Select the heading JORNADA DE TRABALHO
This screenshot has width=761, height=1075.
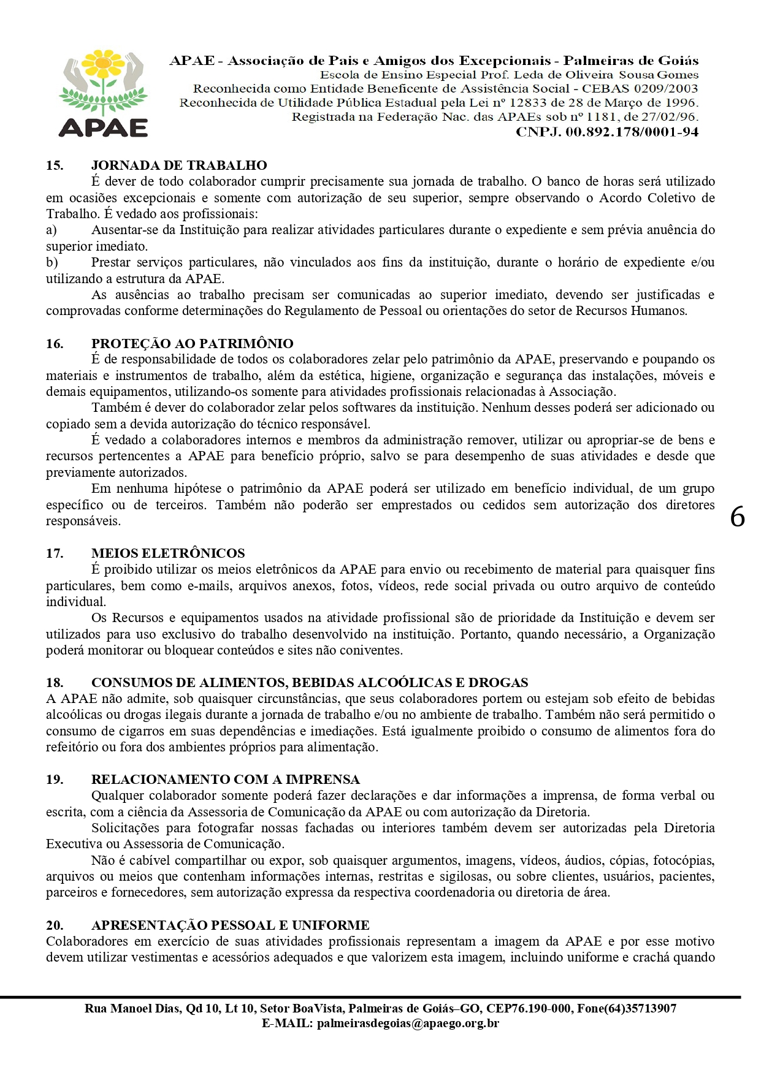click(x=179, y=165)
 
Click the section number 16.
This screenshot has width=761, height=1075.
click(x=55, y=344)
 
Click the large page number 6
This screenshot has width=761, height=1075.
click(x=737, y=518)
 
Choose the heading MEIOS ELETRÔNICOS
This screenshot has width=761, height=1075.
click(x=168, y=553)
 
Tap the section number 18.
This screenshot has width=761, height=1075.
click(x=55, y=683)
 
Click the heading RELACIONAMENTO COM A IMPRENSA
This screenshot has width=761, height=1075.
click(x=225, y=780)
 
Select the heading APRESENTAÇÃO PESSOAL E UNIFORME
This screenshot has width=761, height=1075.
click(x=230, y=925)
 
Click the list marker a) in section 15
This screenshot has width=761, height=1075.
click(x=52, y=230)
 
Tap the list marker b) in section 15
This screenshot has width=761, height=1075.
click(x=52, y=262)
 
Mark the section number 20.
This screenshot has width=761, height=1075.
click(x=55, y=925)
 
